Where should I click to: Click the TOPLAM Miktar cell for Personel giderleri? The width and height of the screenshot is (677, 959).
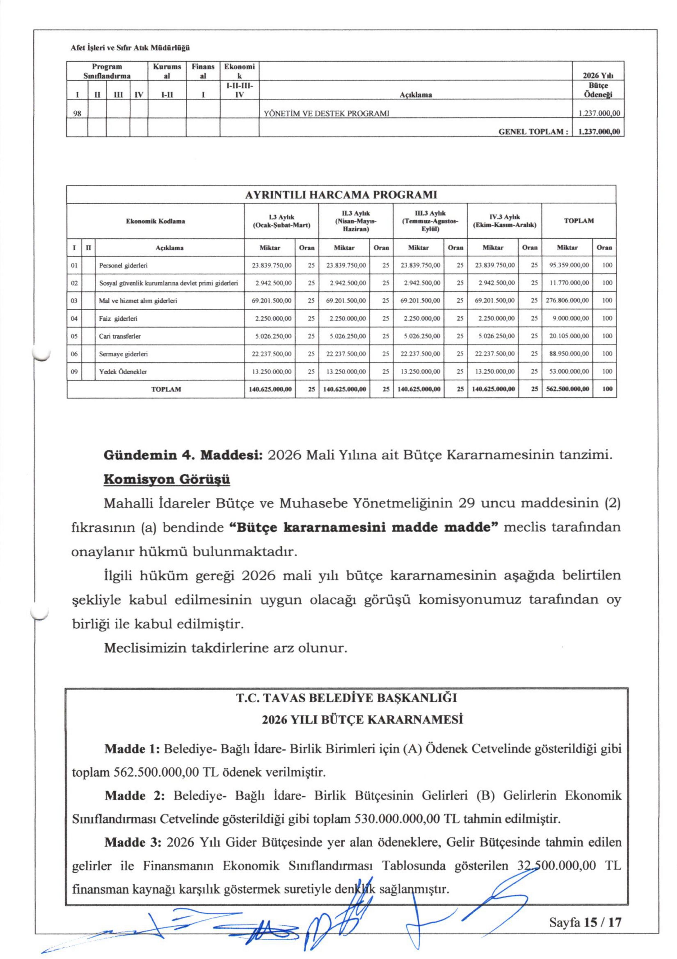pos(567,265)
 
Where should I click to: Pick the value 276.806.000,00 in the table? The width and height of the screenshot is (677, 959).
pos(567,300)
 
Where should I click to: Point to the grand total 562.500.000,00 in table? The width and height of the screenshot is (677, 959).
pos(567,389)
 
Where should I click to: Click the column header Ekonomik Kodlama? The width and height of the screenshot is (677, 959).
pos(155,221)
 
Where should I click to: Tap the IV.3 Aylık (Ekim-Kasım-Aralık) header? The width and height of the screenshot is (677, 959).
pos(504,221)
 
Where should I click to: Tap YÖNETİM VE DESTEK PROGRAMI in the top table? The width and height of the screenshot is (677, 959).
pos(326,113)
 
